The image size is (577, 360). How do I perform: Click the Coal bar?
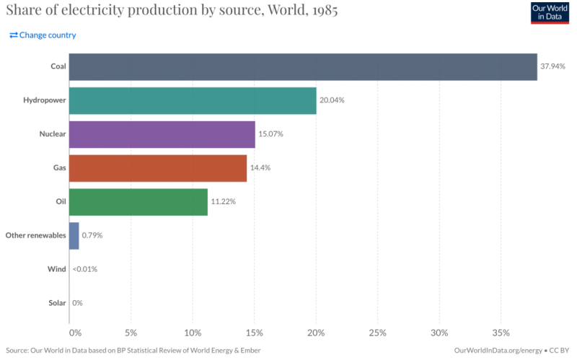tap(303, 66)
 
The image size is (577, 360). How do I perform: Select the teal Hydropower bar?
tap(193, 100)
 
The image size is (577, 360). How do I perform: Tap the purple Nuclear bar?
tap(162, 134)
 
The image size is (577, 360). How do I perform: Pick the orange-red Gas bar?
tap(158, 167)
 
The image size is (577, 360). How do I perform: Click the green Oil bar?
tap(138, 201)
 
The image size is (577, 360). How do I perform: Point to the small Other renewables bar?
tap(74, 235)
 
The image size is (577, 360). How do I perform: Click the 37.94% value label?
tap(552, 66)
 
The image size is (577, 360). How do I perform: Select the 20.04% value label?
tap(332, 100)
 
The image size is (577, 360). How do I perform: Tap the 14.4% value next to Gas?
tap(260, 167)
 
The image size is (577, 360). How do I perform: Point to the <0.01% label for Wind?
tap(85, 269)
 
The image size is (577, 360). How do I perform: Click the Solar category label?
tap(56, 303)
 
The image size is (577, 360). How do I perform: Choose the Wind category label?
tap(57, 269)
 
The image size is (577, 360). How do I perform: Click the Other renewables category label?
tap(36, 235)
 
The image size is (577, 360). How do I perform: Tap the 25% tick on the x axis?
tap(378, 333)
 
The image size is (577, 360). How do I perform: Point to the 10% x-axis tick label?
tap(193, 333)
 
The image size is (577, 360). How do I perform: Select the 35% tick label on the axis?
tap(501, 333)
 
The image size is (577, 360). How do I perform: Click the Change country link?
tap(43, 35)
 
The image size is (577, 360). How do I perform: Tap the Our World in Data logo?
tap(550, 12)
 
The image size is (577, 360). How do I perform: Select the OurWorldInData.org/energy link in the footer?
tap(498, 350)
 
